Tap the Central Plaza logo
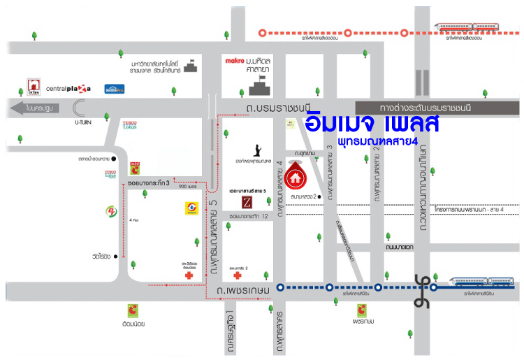click(68, 89)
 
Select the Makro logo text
click(233, 62)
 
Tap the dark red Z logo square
click(246, 203)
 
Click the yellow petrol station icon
click(189, 208)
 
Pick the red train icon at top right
click(466, 27)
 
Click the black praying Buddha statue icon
click(258, 150)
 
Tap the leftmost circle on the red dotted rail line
click(263, 32)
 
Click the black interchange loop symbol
click(421, 287)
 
